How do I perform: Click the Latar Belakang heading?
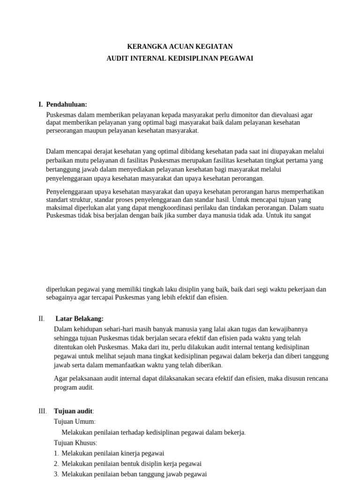[82, 319]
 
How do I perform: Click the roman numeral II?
[42, 319]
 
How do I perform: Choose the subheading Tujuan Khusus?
[75, 442]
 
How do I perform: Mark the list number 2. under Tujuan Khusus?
[56, 464]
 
